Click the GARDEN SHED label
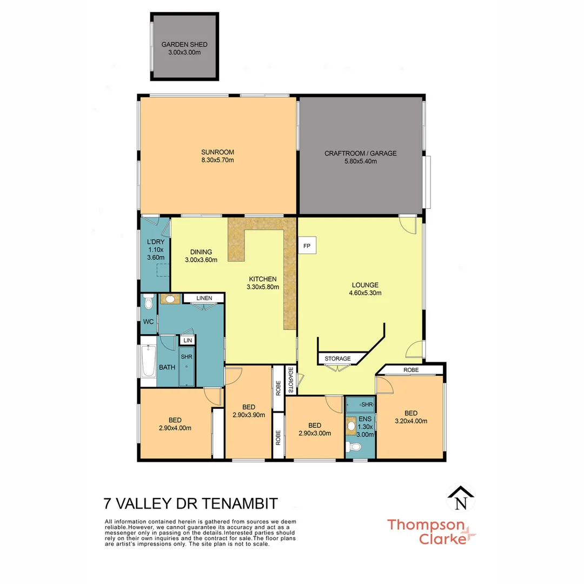pyautogui.click(x=184, y=48)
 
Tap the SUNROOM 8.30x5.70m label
pyautogui.click(x=218, y=156)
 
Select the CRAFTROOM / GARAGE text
pyautogui.click(x=360, y=157)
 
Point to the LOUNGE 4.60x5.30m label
pyautogui.click(x=365, y=289)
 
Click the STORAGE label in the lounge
pyautogui.click(x=337, y=359)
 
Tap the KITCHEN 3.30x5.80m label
pyautogui.click(x=262, y=283)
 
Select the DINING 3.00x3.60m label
pyautogui.click(x=201, y=255)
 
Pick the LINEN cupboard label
pyautogui.click(x=203, y=298)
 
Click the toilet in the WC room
pyautogui.click(x=149, y=303)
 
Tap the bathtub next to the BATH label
pyautogui.click(x=148, y=362)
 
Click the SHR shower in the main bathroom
pyautogui.click(x=186, y=366)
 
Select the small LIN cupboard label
pyautogui.click(x=188, y=340)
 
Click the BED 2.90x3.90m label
pyautogui.click(x=248, y=411)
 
